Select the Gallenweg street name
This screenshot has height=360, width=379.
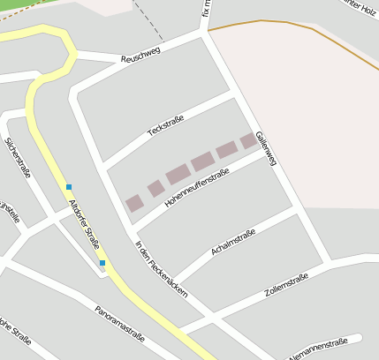click(266, 148)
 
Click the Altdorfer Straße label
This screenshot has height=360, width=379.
click(85, 224)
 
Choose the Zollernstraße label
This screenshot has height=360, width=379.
click(286, 285)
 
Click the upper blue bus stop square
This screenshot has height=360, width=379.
click(69, 186)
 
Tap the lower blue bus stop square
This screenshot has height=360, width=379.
click(102, 263)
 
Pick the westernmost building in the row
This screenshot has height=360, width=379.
click(133, 203)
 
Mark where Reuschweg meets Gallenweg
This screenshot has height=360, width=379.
click(207, 36)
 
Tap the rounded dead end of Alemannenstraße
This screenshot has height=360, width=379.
click(359, 338)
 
